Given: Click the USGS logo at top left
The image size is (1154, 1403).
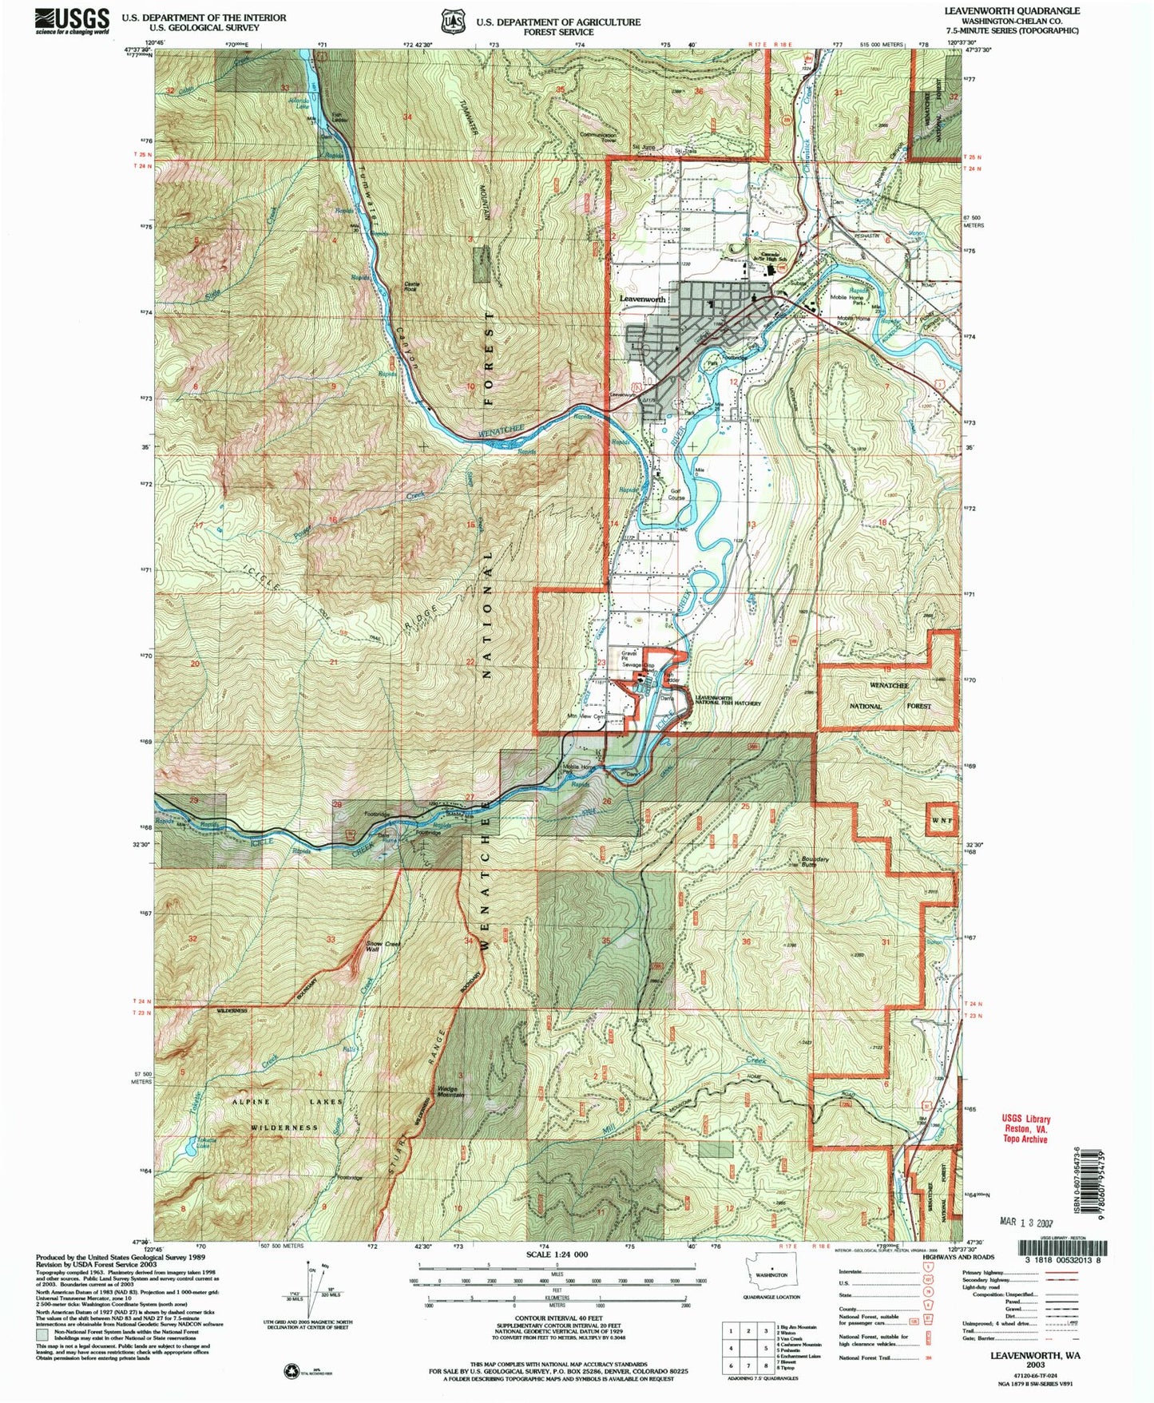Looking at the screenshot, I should coord(72,20).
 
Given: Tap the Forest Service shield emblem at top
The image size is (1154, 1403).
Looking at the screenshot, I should coord(451,22).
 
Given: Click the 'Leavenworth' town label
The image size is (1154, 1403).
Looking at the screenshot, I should coord(642,299).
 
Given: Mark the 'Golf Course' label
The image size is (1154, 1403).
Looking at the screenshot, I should coord(676,493).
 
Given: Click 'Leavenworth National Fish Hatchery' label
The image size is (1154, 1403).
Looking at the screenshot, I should coord(716,700).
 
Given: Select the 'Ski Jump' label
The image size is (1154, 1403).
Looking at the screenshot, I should coord(643,147).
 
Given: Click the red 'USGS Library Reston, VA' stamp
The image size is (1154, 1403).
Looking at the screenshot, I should coord(1025,1129).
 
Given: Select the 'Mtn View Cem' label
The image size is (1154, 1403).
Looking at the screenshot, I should coord(584,716).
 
